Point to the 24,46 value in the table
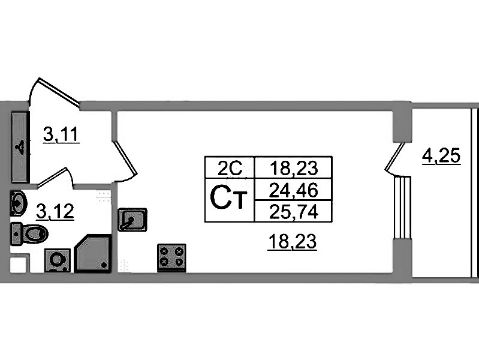293,191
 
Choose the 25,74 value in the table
293,210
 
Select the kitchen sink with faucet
132,220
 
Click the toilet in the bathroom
29,234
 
